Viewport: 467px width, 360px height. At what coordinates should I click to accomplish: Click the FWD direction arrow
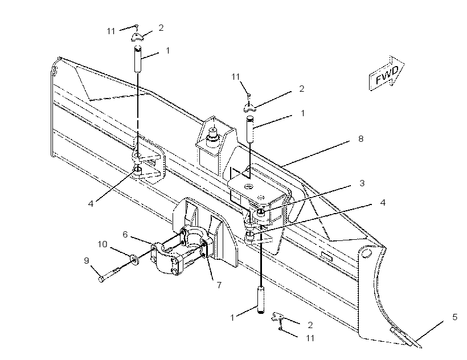click(x=387, y=73)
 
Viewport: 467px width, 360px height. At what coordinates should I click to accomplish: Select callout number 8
click(x=361, y=139)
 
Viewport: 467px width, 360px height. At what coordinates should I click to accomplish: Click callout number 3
click(x=362, y=183)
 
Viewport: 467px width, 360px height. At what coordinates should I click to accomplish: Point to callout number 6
click(x=125, y=235)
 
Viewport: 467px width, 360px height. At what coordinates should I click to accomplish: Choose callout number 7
click(x=219, y=285)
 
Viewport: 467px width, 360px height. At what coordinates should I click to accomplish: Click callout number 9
click(x=87, y=261)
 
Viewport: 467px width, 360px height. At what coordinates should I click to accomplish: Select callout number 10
click(x=103, y=244)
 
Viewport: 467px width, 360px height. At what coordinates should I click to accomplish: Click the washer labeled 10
click(x=134, y=259)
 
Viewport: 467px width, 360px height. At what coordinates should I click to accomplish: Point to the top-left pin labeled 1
click(x=138, y=59)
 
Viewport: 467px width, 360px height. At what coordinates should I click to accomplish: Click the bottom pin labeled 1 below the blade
click(x=261, y=300)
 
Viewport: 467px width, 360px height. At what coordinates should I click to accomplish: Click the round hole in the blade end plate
click(x=366, y=253)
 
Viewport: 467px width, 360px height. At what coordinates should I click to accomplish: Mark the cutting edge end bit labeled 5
click(x=405, y=337)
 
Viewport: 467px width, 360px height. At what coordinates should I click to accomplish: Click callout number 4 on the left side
click(x=91, y=204)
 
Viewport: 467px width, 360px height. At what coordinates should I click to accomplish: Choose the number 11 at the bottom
click(x=310, y=338)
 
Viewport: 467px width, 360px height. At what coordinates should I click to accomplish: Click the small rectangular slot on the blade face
click(x=327, y=256)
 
